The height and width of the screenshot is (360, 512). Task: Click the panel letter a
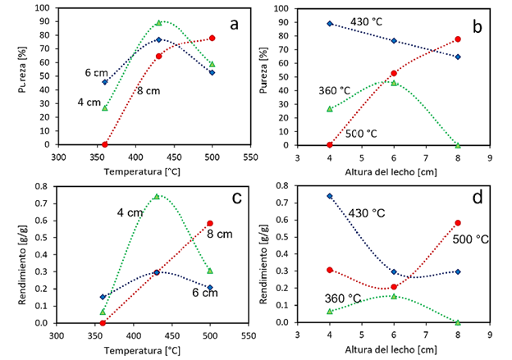(234, 24)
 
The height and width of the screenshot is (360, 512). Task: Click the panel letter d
(475, 198)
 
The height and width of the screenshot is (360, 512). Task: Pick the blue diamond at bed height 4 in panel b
(330, 23)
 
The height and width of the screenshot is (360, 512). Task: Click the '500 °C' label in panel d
(471, 239)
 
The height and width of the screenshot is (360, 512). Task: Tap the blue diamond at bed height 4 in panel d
(330, 196)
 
